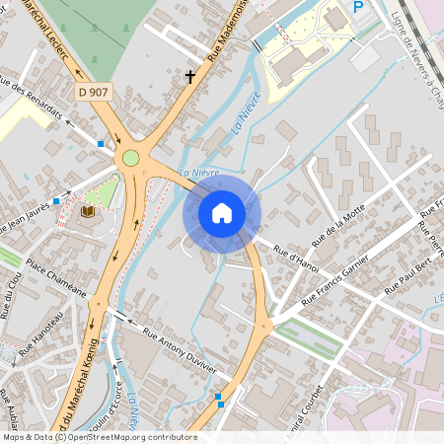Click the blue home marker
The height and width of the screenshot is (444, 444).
[222, 212]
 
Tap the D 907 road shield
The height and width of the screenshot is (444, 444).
[94, 92]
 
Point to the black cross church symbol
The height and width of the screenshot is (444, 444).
[189, 75]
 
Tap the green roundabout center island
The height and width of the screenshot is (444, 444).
[130, 158]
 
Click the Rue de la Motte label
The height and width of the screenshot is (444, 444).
[337, 226]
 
